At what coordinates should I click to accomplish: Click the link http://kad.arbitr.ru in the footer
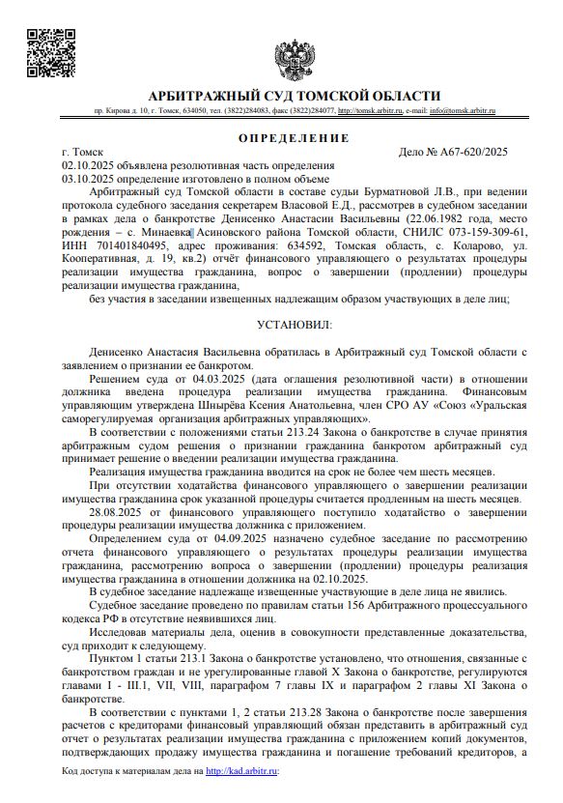(241, 771)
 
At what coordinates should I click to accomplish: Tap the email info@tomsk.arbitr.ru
(462, 112)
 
